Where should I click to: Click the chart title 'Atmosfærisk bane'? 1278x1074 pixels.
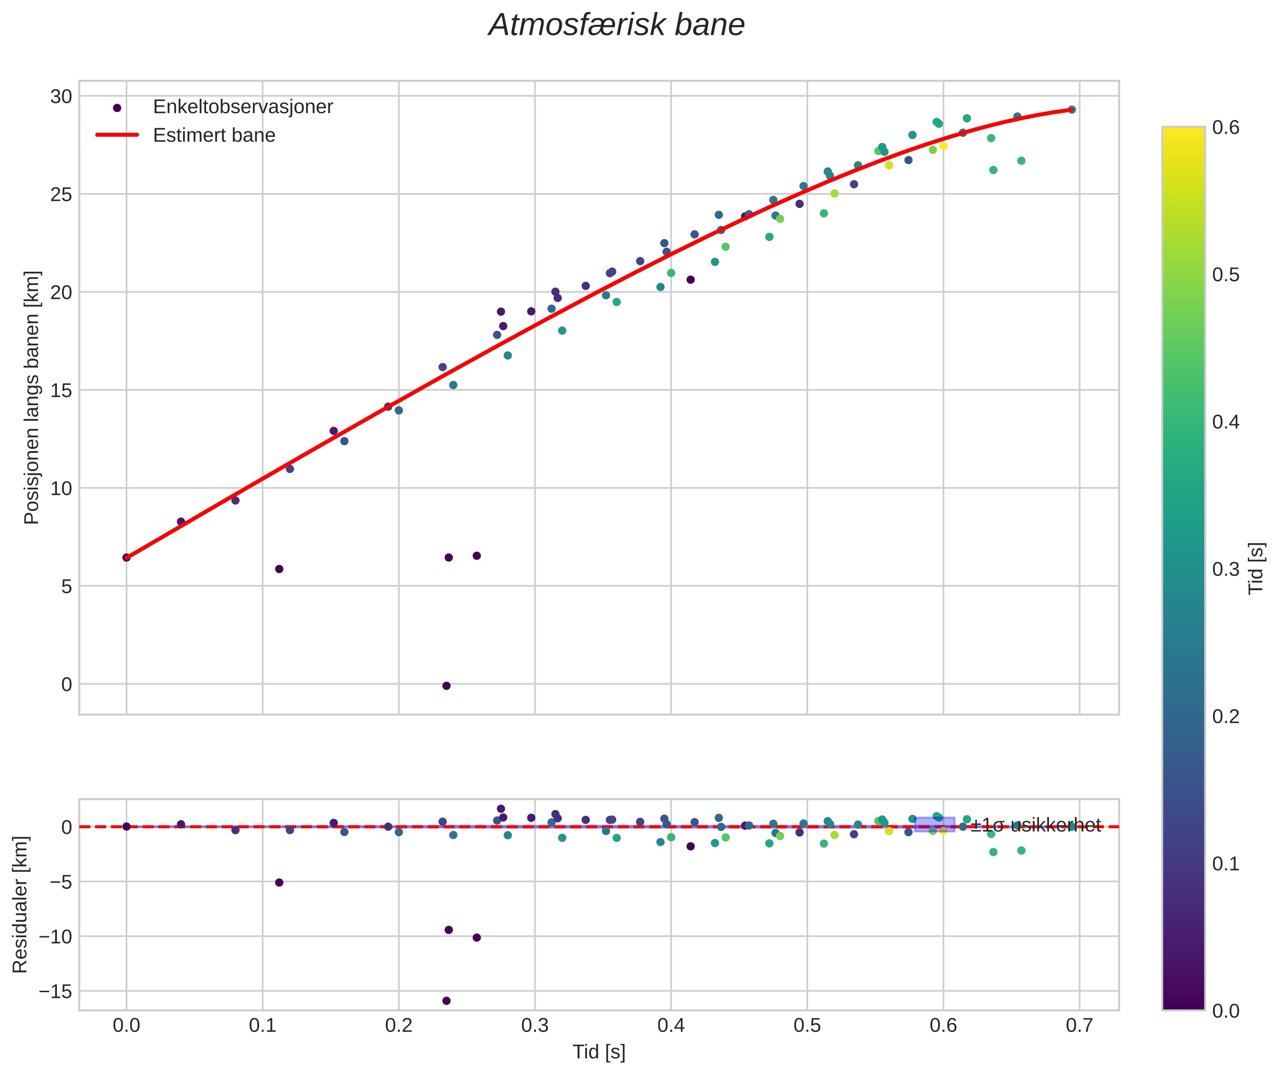[616, 25]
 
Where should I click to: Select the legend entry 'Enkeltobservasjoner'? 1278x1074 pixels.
[242, 107]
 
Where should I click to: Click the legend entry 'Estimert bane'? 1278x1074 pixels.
[214, 135]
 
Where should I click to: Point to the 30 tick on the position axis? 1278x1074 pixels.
[61, 96]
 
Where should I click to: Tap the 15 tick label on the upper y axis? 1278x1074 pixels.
[61, 390]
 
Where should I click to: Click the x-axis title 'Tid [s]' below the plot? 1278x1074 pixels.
[599, 1052]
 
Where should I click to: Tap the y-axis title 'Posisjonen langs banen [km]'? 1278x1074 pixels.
[32, 397]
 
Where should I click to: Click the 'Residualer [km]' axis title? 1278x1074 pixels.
[20, 905]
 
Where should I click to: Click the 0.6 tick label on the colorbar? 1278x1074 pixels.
[1225, 127]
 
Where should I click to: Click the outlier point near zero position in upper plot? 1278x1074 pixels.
[446, 686]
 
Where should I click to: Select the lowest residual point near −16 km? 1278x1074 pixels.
[446, 1001]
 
